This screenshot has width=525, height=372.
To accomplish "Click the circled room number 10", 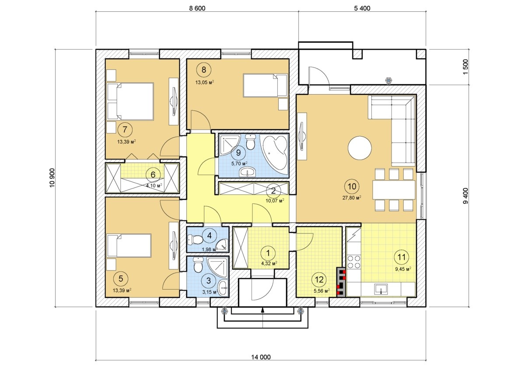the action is point(352,186).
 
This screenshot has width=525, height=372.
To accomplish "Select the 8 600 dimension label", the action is point(197,8).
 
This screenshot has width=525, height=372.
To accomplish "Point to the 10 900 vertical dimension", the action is point(52,177).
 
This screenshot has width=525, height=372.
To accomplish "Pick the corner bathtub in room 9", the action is point(275,154).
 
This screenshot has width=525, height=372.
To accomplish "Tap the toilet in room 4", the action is point(196,240).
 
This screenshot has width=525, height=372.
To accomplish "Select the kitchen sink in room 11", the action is point(381,289).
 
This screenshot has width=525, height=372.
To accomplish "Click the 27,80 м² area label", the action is point(352,198).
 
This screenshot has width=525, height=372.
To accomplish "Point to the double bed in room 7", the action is point(130,101).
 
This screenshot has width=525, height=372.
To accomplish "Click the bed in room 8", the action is point(265,85).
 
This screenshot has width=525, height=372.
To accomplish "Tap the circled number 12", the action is point(319,280).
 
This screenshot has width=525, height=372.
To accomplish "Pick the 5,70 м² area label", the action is point(239,163).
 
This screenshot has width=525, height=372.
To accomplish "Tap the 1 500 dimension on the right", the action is point(465,67).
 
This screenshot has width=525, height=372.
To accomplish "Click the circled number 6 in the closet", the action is point(153,175).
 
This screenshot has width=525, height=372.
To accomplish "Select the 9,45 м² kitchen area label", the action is point(403,269).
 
